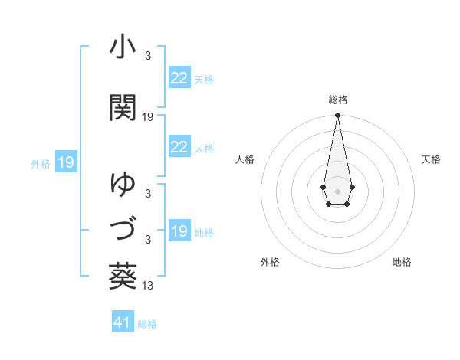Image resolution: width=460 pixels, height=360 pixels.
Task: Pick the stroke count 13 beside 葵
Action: pyautogui.click(x=148, y=286)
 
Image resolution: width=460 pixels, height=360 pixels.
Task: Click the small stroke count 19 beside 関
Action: pyautogui.click(x=148, y=117)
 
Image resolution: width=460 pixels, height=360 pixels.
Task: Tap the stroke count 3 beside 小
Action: pyautogui.click(x=148, y=56)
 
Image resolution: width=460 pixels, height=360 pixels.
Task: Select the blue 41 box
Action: pyautogui.click(x=123, y=322)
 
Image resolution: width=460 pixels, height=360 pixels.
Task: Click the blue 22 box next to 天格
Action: pyautogui.click(x=179, y=77)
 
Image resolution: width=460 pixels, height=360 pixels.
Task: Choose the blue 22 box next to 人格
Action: pyautogui.click(x=179, y=147)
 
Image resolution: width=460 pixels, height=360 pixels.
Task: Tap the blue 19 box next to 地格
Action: pyautogui.click(x=179, y=231)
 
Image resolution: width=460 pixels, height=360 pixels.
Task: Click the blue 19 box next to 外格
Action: pyautogui.click(x=66, y=162)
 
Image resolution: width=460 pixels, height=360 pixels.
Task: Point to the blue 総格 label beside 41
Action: pyautogui.click(x=147, y=324)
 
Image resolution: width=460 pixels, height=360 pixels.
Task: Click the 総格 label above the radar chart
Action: pyautogui.click(x=337, y=100)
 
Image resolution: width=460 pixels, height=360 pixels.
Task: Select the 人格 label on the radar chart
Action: pyautogui.click(x=245, y=159)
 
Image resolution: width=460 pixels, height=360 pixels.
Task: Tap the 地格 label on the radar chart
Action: pyautogui.click(x=402, y=262)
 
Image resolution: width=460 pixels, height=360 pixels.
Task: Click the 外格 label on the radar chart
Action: pyautogui.click(x=270, y=262)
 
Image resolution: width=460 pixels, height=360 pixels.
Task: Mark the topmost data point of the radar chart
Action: pyautogui.click(x=337, y=116)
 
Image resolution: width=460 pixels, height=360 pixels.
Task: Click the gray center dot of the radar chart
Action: pyautogui.click(x=337, y=190)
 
